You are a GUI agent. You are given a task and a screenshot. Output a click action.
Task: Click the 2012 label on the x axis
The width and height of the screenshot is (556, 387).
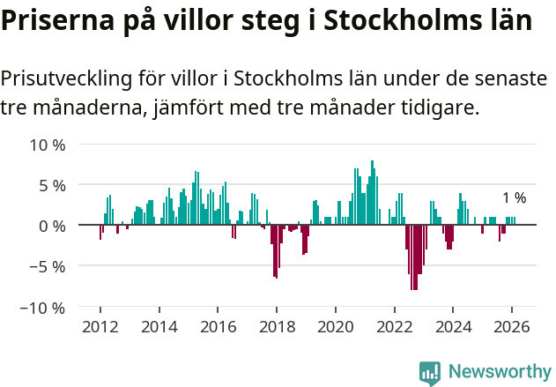tap(100, 326)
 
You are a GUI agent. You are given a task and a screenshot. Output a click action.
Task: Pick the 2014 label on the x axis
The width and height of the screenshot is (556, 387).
tap(159, 326)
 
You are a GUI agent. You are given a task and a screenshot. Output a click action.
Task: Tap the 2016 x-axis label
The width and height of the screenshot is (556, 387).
tap(218, 326)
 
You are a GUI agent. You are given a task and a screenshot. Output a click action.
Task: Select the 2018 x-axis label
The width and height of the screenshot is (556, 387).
tap(276, 326)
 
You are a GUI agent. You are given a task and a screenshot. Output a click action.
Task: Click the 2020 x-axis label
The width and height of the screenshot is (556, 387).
tap(335, 326)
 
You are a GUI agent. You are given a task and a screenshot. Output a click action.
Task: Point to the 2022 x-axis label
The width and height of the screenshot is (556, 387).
tap(394, 326)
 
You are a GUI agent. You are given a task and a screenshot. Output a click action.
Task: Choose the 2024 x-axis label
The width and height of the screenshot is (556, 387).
tap(453, 326)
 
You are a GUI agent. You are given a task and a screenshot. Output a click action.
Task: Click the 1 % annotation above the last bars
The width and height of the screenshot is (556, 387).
tap(514, 198)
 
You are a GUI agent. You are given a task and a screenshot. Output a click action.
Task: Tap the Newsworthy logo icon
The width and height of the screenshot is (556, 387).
tap(430, 373)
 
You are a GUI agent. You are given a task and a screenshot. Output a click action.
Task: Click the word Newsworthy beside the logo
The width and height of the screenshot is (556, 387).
tap(499, 373)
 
